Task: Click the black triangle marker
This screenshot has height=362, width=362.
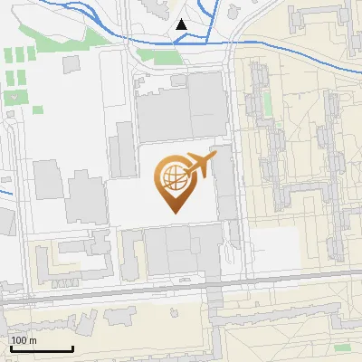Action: point(182,24)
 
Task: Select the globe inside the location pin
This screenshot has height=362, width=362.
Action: point(173,178)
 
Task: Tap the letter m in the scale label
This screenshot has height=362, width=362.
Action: point(33,340)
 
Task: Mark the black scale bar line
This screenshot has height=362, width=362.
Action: point(41,348)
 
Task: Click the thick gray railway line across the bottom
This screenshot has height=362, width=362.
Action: point(181,286)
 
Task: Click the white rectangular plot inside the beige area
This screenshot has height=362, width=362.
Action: point(273,244)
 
